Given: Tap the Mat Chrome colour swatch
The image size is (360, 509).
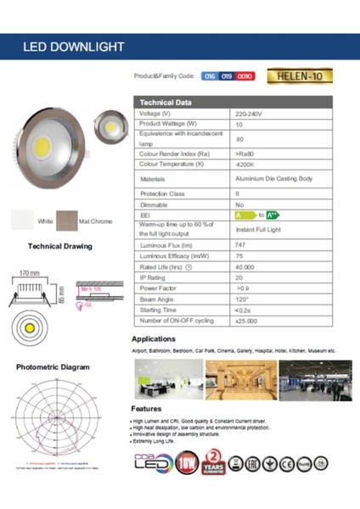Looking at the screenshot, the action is (x=65, y=221).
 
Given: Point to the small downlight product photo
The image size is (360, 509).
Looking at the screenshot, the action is (x=110, y=126).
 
